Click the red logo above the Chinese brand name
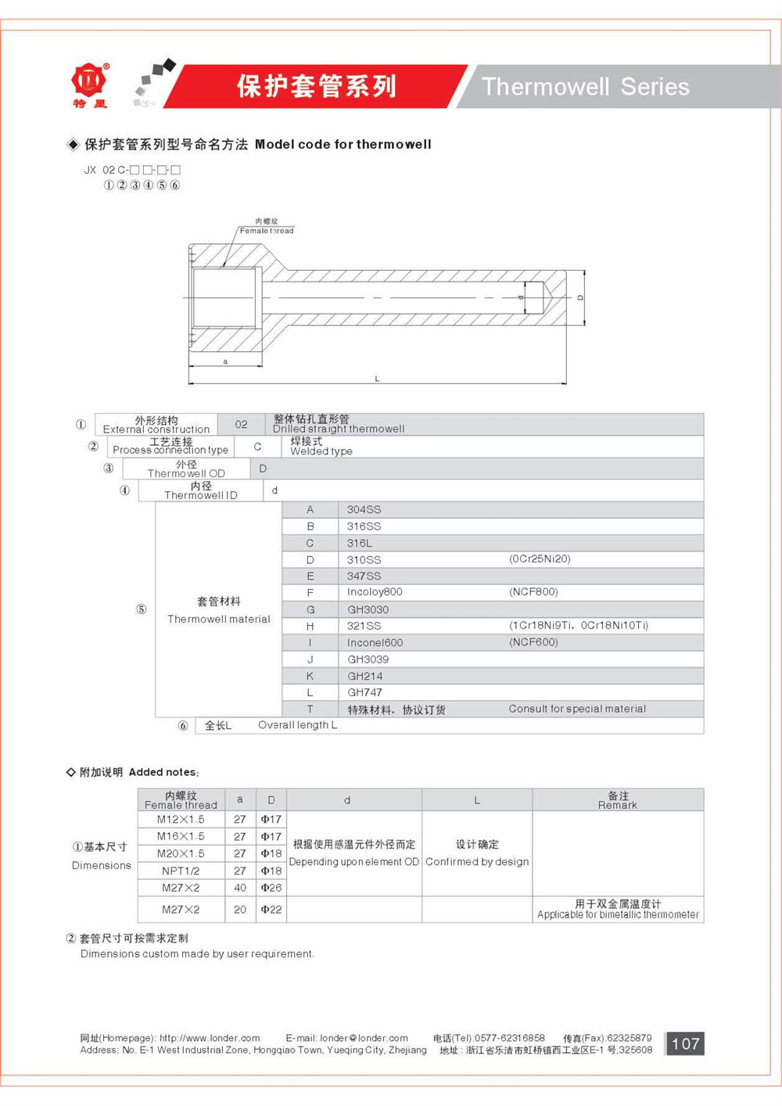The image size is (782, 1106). tap(89, 79)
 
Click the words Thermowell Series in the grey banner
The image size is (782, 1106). tap(585, 86)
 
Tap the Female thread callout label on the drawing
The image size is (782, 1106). tap(267, 230)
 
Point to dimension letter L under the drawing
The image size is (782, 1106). tap(377, 379)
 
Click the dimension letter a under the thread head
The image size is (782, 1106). tap(225, 362)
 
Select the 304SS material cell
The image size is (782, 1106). tap(364, 510)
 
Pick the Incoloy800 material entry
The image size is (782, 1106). tap(375, 592)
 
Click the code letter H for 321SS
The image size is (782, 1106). tap(310, 626)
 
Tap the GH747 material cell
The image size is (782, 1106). tap(365, 692)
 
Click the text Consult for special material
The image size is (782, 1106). tap(577, 709)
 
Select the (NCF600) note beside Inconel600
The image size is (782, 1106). tap(533, 642)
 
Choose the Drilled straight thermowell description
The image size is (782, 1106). tap(339, 429)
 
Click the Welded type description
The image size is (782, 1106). tap(321, 451)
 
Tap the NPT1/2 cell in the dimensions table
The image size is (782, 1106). tap(181, 871)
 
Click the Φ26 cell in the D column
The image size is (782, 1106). tap(271, 888)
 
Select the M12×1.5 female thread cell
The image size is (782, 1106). tap(181, 819)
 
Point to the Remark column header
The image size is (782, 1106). tap(618, 800)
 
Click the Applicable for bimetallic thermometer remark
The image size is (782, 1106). tap(618, 914)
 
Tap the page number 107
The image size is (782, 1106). tap(685, 1043)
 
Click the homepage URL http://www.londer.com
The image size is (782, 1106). tap(210, 1038)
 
